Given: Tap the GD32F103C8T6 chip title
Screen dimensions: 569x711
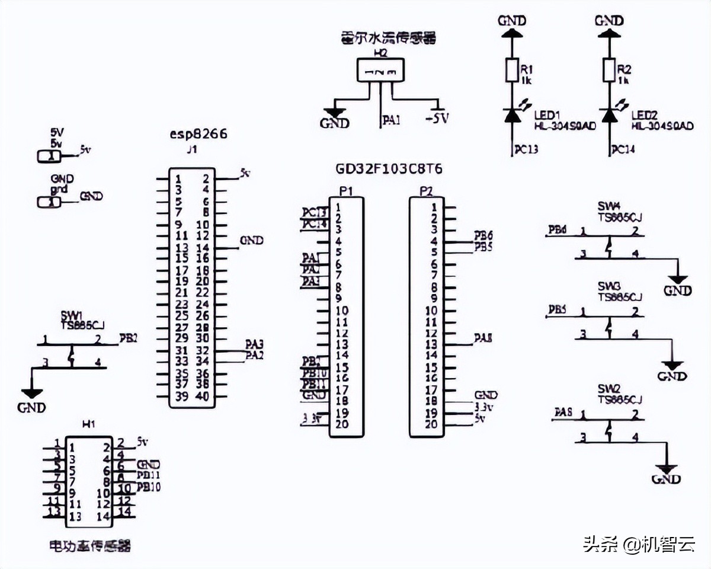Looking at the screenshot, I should coord(389,170).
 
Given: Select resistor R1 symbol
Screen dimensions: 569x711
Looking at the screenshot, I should coord(511,70).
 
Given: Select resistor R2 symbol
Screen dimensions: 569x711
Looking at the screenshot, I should coord(608,70).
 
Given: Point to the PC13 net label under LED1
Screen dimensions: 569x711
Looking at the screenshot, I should coord(526,149).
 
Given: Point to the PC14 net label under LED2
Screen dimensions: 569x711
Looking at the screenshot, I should coord(623,149).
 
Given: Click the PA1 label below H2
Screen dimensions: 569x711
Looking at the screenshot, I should coord(391,120).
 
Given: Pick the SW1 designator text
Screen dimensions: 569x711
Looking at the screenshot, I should coord(72,315).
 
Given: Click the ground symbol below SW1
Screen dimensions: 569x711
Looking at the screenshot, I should coord(31,394).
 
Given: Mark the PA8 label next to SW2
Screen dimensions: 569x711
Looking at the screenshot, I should coord(563,412).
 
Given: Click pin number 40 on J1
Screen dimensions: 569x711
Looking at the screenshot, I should coord(202,397).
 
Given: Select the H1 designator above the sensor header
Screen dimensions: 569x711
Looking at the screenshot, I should coord(88,424).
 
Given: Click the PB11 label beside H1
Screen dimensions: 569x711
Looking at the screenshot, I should coord(149,475).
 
